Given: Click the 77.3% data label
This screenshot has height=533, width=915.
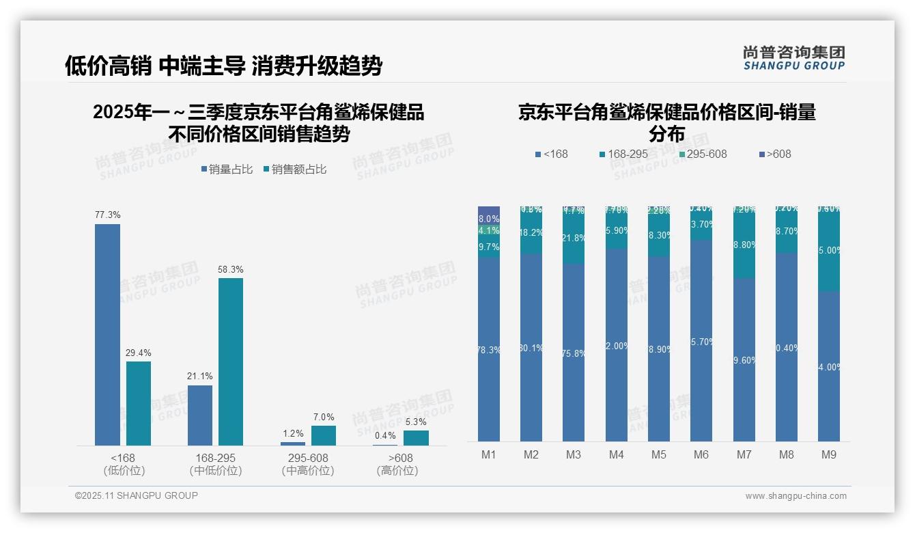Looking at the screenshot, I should coord(107,215).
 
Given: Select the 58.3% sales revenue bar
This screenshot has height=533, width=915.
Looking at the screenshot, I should coord(231,361).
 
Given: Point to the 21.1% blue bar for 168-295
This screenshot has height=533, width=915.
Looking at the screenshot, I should coord(200,415).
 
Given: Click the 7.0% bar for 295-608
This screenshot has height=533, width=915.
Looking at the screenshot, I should coord(324,435).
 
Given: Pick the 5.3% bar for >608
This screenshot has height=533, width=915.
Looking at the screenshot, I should coord(416,438).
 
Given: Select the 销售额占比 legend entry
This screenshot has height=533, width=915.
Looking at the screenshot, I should coord(294,169).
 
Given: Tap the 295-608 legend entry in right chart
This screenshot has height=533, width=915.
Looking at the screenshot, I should coord(701,154).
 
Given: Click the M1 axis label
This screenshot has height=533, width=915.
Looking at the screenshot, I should coord(488,454).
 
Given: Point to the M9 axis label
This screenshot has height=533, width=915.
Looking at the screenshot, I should coord(828,454).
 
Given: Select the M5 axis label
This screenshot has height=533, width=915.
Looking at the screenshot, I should coord(658,454).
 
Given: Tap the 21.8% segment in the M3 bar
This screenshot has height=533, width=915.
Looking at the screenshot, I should coord(574,238).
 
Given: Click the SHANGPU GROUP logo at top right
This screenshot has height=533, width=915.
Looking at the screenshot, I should coord(794,58).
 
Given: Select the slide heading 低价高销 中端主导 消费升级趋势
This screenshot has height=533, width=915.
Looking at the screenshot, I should coord(223,66).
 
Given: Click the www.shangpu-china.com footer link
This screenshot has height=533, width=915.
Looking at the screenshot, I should coord(796,496).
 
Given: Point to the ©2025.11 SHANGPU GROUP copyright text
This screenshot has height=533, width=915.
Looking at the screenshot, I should coord(137,496).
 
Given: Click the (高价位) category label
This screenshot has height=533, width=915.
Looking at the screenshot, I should coord(397,471).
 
